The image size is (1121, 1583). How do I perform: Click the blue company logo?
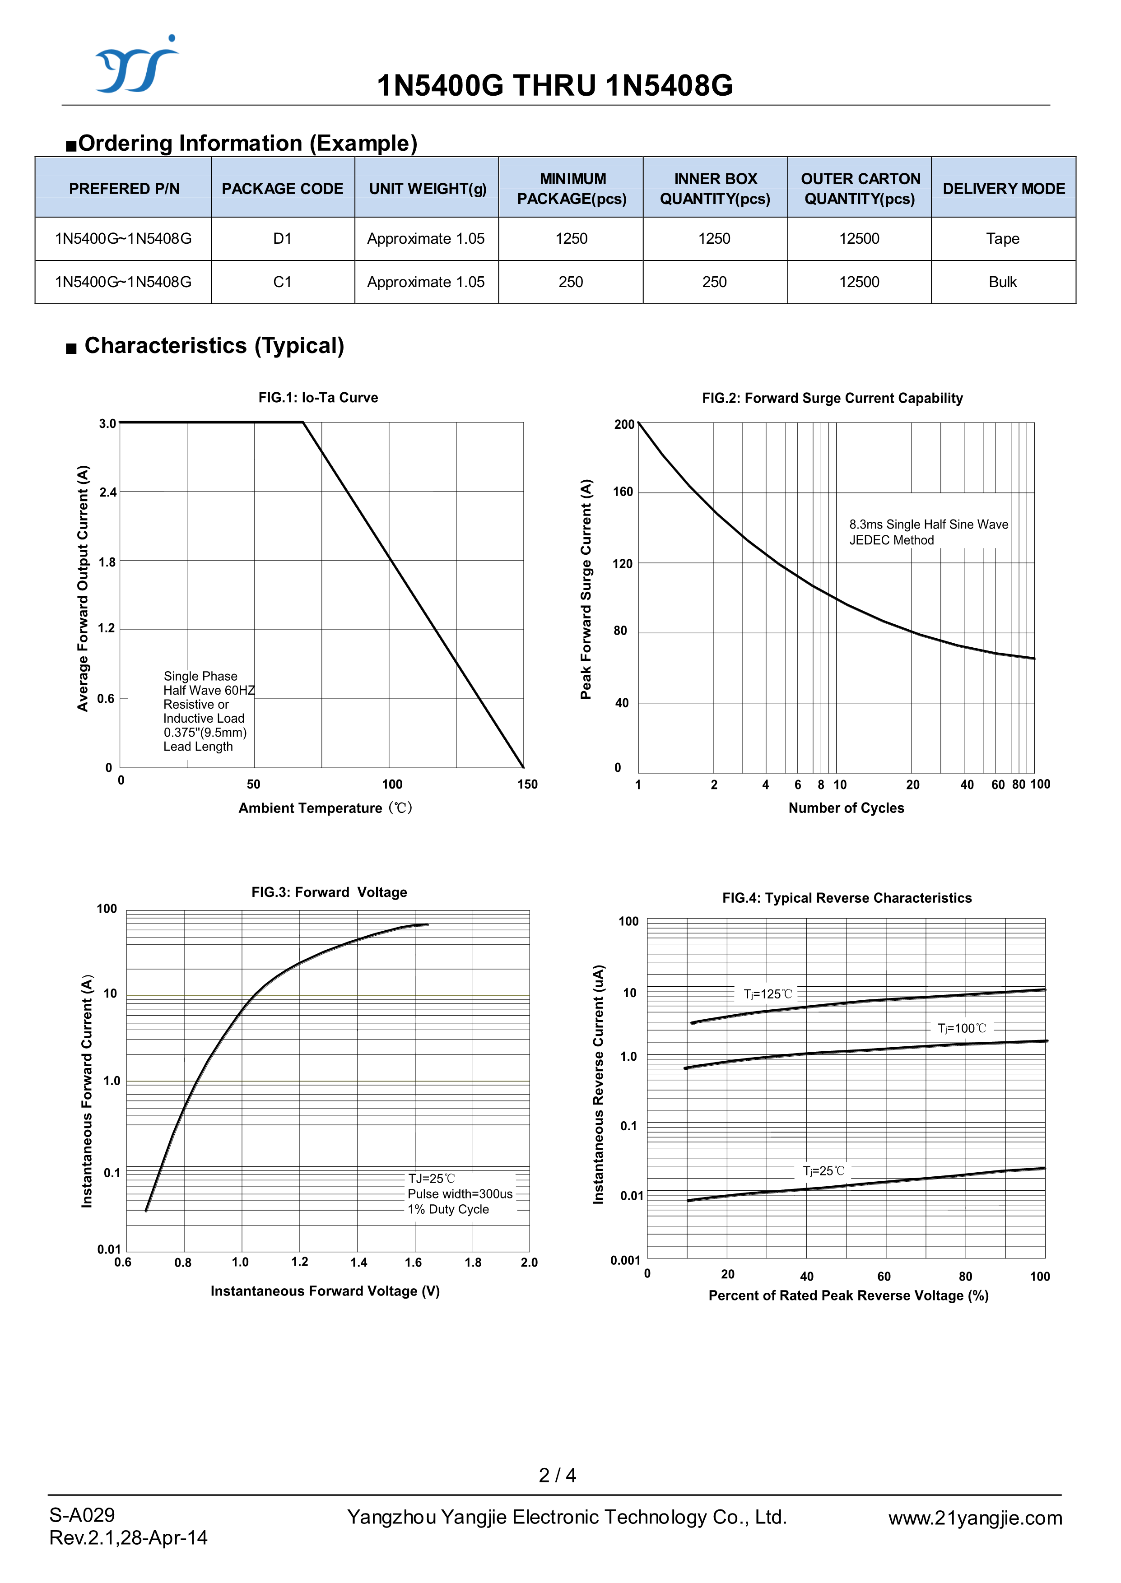pos(136,65)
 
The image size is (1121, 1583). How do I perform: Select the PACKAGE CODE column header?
pos(282,188)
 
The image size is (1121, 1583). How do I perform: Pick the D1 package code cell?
pos(282,239)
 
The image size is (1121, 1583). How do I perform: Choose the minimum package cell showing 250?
pos(571,282)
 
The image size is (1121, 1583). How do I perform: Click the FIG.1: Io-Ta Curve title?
pos(318,398)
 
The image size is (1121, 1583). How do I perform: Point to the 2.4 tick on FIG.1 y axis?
pos(108,492)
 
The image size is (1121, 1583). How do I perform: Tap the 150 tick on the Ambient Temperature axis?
pos(527,784)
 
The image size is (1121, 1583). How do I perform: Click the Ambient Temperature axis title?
pos(325,808)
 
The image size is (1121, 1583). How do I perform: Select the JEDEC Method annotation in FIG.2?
pos(891,540)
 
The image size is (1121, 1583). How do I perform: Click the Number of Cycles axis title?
pos(846,808)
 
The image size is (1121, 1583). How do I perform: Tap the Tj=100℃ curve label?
pos(962,1028)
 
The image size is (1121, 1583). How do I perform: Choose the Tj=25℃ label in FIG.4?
pos(823,1171)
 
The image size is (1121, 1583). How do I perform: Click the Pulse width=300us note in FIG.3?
pos(460,1194)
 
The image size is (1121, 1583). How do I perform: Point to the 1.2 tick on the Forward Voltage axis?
pos(300,1262)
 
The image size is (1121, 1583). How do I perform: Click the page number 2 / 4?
pos(557,1476)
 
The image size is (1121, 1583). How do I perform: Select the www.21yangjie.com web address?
pos(975,1518)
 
